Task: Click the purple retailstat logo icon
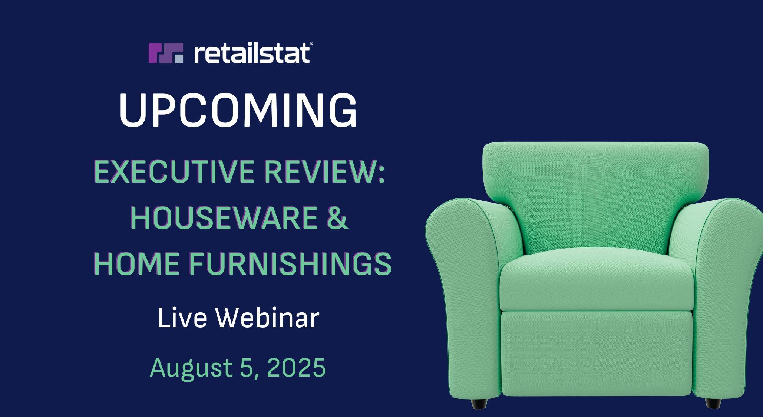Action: pyautogui.click(x=166, y=53)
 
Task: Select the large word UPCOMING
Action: pyautogui.click(x=238, y=110)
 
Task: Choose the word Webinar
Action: pyautogui.click(x=268, y=318)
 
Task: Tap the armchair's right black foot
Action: pyautogui.click(x=714, y=403)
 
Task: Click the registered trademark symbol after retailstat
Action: pyautogui.click(x=311, y=44)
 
